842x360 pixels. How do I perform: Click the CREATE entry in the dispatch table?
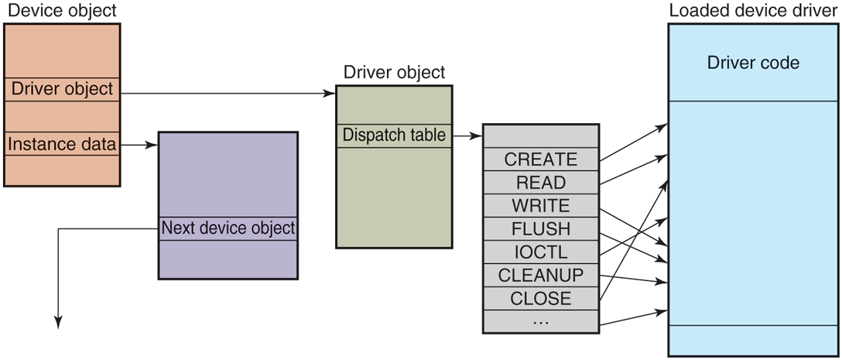point(541,159)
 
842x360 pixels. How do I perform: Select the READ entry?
point(541,183)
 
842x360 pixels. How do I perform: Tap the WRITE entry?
point(541,206)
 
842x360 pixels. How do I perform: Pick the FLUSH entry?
point(541,229)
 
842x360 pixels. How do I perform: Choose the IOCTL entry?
point(541,252)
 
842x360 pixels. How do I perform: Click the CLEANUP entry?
point(541,276)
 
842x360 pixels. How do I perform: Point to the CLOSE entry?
point(541,299)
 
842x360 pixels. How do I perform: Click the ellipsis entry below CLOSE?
point(541,321)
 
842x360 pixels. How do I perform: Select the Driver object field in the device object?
point(62,89)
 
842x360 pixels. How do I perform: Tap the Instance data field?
point(62,144)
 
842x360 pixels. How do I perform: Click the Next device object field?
point(228,228)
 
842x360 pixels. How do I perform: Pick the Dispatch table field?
point(394,135)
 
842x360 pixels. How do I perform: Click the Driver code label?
point(753,63)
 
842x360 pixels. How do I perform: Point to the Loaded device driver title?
point(753,11)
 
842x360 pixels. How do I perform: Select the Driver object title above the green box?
point(394,73)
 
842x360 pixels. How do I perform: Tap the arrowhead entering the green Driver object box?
point(330,94)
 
